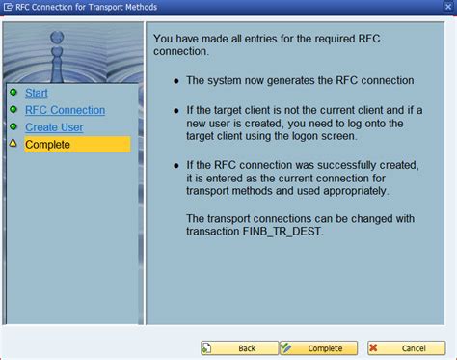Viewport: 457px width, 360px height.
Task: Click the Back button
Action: click(x=239, y=347)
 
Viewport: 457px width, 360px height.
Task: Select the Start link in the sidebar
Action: click(x=37, y=93)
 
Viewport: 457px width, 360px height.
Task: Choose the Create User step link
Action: click(x=54, y=127)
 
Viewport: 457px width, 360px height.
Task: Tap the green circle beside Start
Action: click(x=13, y=93)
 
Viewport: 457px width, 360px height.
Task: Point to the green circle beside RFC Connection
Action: click(x=13, y=110)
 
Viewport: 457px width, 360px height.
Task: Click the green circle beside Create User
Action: click(x=13, y=127)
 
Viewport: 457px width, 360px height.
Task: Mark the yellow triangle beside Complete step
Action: click(x=13, y=145)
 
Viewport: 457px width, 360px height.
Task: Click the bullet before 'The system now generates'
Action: click(x=175, y=81)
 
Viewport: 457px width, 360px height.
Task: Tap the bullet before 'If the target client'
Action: click(x=175, y=111)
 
